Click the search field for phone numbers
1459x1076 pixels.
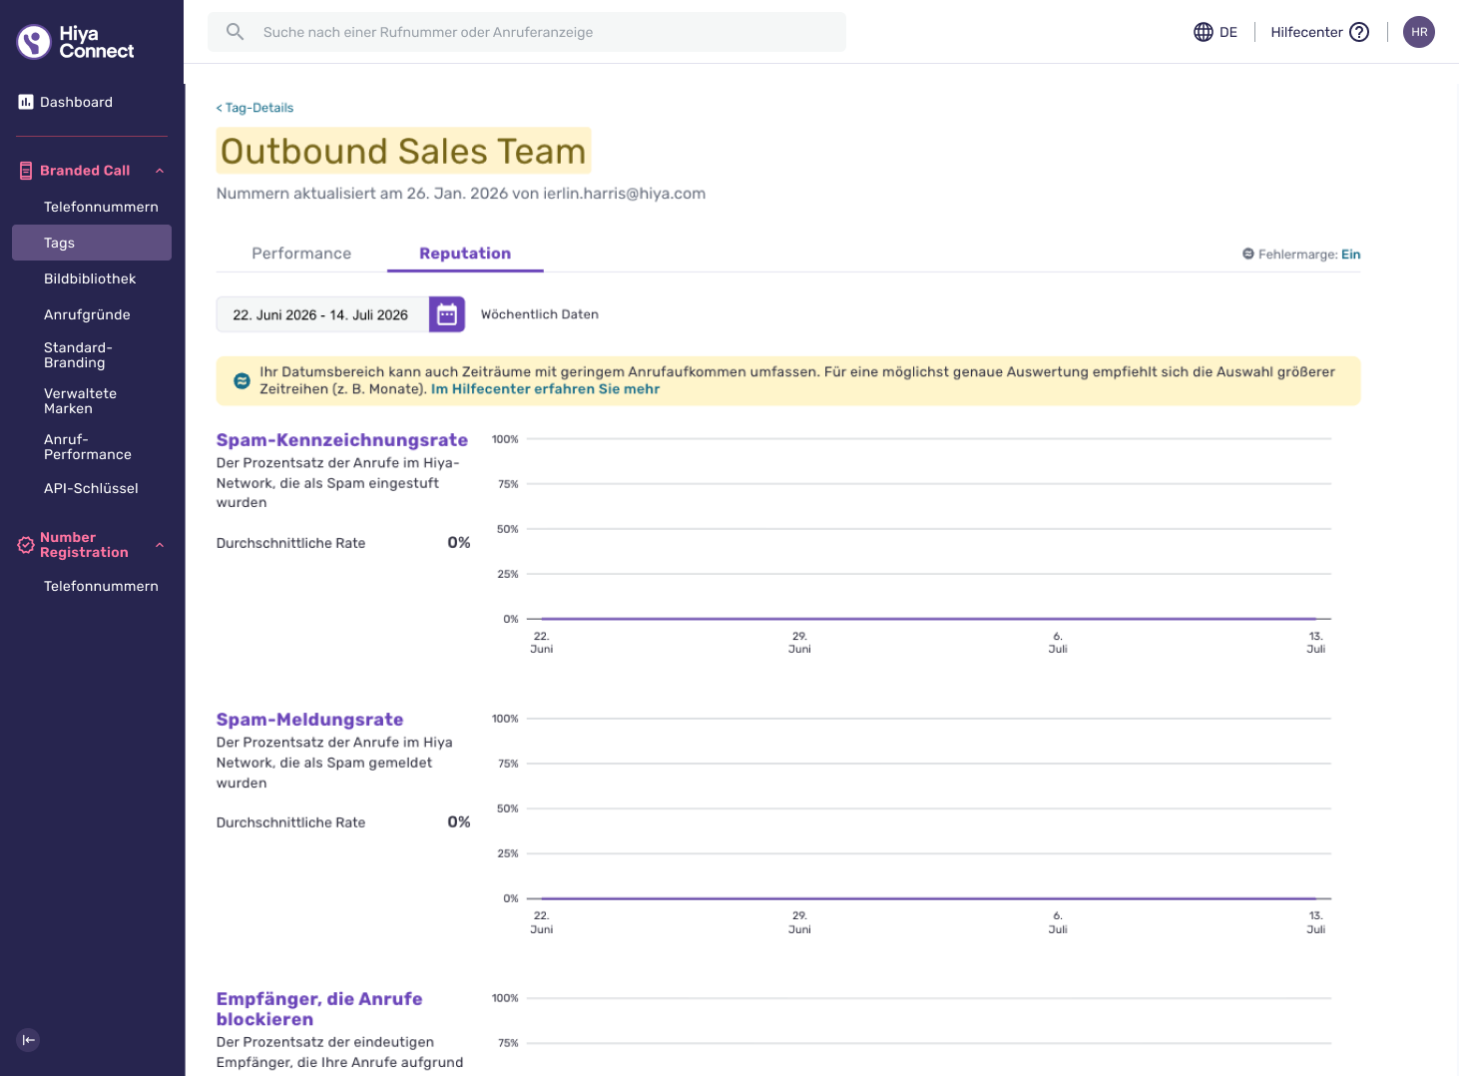(526, 32)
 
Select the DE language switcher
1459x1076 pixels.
(1216, 32)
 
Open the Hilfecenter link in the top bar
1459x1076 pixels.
(1319, 32)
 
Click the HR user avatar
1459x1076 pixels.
(1419, 32)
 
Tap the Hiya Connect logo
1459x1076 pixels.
(75, 42)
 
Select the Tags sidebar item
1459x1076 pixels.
(92, 243)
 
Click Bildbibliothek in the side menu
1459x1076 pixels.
(90, 278)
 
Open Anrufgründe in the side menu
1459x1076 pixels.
(87, 314)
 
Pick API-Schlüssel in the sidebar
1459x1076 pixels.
(91, 488)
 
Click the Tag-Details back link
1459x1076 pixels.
(254, 108)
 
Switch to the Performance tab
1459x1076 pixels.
(301, 254)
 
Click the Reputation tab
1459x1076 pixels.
(465, 254)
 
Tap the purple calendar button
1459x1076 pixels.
(447, 314)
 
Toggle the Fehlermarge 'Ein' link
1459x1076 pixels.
(1351, 254)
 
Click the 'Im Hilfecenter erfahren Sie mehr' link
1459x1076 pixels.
(545, 389)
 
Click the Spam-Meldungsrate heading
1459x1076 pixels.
(310, 720)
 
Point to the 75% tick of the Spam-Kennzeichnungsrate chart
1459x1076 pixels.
(508, 484)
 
